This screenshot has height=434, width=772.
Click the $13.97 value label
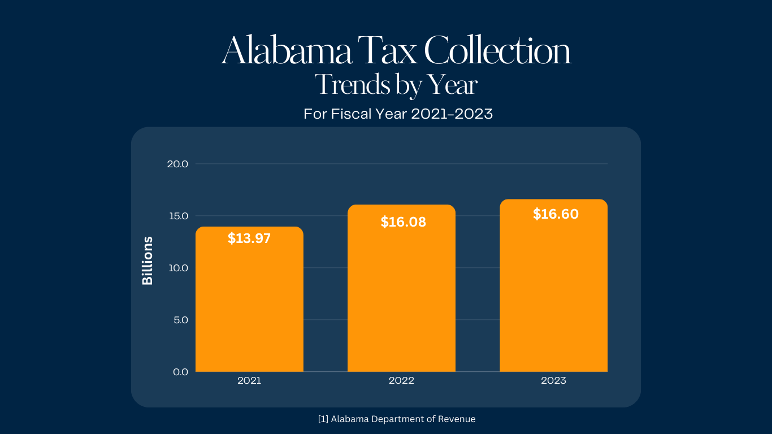point(249,238)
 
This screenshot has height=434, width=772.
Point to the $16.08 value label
point(403,222)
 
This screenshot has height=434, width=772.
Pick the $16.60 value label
point(556,214)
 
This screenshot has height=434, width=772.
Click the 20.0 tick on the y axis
point(177,164)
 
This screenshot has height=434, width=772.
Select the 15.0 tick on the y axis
point(177,216)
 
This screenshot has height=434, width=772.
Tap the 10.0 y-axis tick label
point(177,268)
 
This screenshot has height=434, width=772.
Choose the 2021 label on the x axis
point(249,381)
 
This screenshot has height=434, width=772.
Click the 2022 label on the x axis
point(401,381)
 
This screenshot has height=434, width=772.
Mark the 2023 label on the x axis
point(553,381)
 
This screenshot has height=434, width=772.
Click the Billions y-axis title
point(148,261)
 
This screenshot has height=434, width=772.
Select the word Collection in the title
point(497,51)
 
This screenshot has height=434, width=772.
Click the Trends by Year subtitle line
point(396,85)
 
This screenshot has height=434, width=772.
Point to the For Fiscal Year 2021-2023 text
point(398,114)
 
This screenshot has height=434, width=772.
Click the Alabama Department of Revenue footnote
point(397,419)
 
